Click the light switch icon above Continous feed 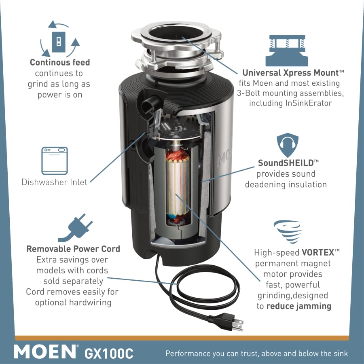[x=59, y=42]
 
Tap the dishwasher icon [x=55, y=161]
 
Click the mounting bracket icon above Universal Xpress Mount [x=287, y=51]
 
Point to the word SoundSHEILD [x=286, y=163]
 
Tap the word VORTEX [x=318, y=252]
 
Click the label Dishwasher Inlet [x=54, y=182]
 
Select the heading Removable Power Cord [x=73, y=249]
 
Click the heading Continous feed [x=60, y=62]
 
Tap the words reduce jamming [x=299, y=306]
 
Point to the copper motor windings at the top [x=178, y=155]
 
